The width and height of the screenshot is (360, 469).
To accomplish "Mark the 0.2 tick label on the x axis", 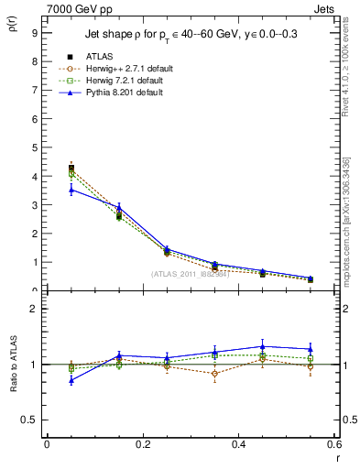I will (143, 444).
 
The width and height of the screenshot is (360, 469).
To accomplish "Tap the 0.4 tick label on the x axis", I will (239, 444).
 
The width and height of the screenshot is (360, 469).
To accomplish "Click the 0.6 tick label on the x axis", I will (334, 444).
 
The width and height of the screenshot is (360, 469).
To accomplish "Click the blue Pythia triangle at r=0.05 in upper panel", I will (71, 189).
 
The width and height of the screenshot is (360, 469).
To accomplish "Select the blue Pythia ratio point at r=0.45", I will (263, 346).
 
